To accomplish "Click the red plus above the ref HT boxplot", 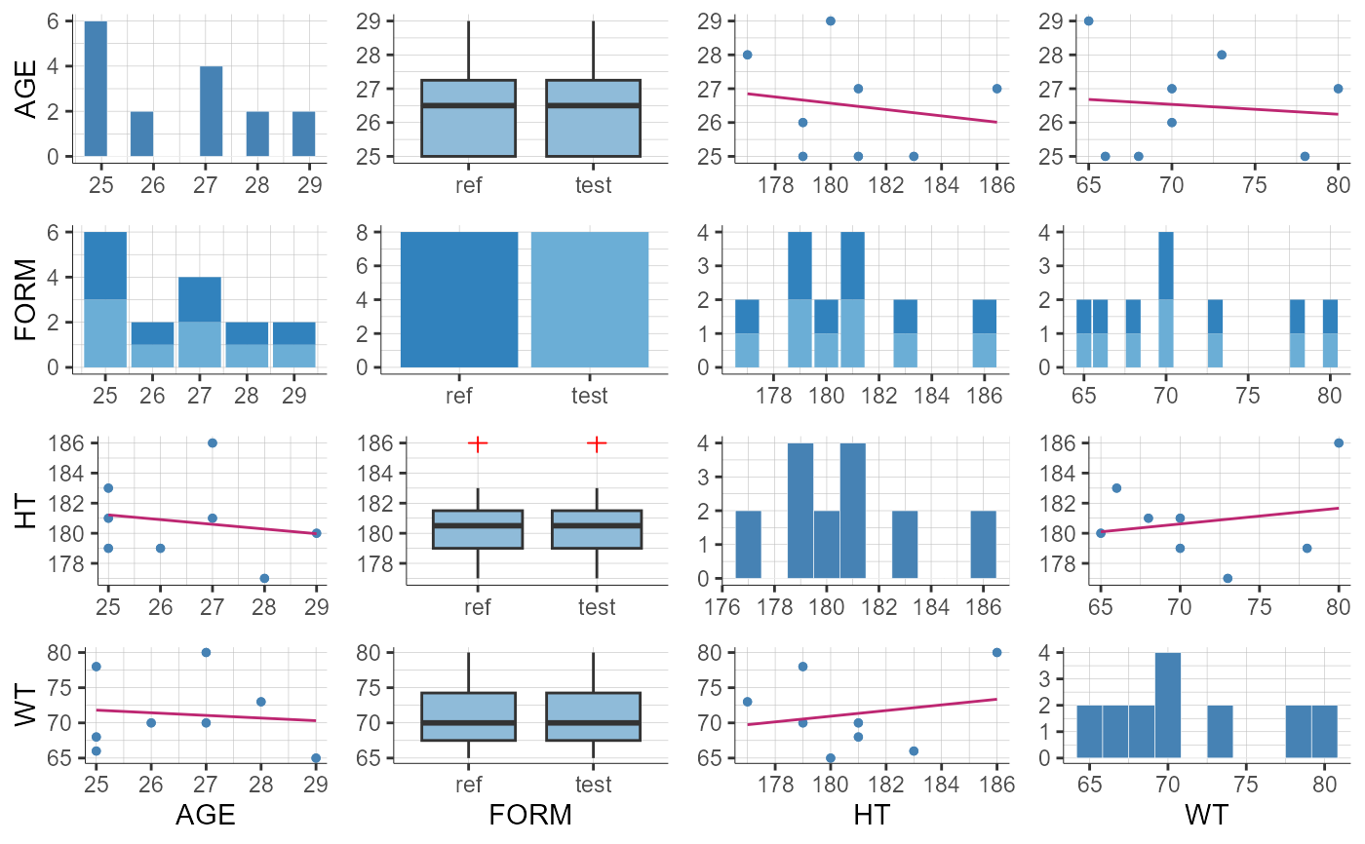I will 478,443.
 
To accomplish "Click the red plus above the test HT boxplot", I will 597,443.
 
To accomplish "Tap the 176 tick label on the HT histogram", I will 721,606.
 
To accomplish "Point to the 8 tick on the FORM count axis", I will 387,232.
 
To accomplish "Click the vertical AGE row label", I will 29,90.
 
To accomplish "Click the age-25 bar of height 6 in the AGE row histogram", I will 96,88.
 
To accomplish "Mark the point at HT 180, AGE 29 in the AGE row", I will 831,20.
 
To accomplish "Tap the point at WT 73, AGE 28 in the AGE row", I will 1222,55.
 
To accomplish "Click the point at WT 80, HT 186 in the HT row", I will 1338,443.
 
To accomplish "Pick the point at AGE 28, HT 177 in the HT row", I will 264,578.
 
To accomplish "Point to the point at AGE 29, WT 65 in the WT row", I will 316,757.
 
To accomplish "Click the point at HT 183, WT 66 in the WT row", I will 914,750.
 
